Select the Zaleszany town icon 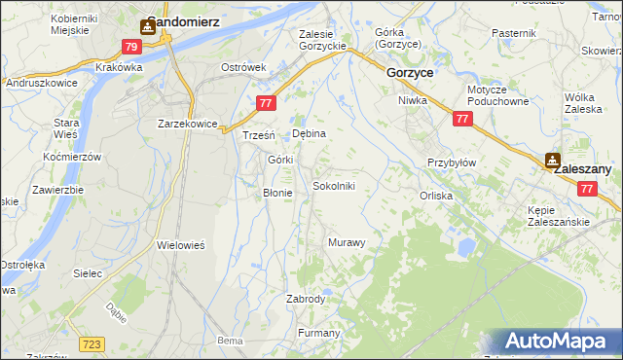click(552, 160)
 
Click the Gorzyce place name click(410, 73)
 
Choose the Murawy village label click(347, 242)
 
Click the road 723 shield click(92, 344)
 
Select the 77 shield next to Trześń click(266, 103)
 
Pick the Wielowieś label click(180, 246)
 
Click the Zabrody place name click(306, 300)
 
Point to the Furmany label click(318, 334)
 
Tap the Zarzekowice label click(187, 125)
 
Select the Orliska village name click(436, 196)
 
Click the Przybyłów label click(452, 163)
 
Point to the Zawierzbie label click(56, 190)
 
